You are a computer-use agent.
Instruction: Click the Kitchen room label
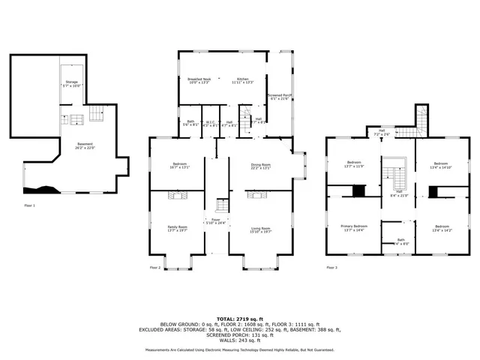pyautogui.click(x=243, y=80)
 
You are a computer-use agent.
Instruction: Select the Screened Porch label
pyautogui.click(x=279, y=97)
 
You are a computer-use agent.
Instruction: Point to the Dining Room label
pyautogui.click(x=259, y=166)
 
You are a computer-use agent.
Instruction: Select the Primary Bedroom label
pyautogui.click(x=354, y=228)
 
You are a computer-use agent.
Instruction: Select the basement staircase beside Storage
pyautogui.click(x=96, y=114)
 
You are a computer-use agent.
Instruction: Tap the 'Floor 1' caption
pyautogui.click(x=29, y=205)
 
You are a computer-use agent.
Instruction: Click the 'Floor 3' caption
pyautogui.click(x=331, y=267)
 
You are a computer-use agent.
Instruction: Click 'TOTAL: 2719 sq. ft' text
pyautogui.click(x=239, y=319)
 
